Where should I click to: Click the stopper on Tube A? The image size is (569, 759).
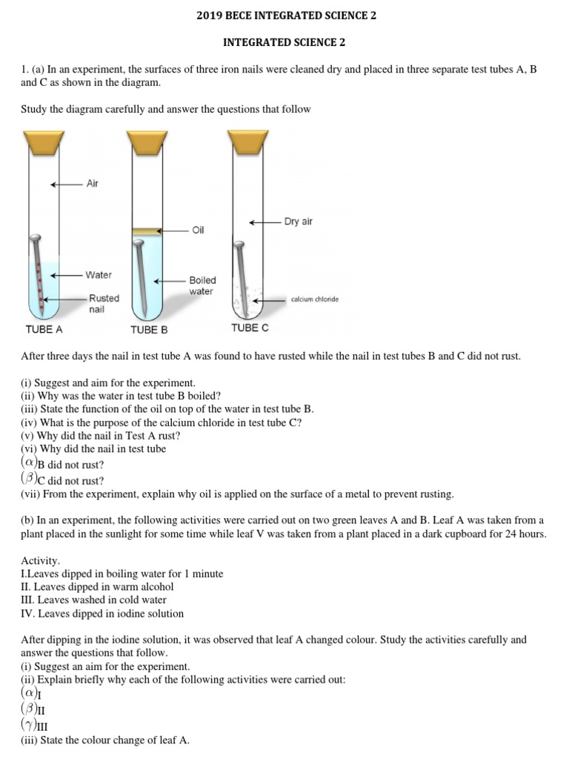44,139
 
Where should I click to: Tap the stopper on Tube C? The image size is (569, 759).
247,139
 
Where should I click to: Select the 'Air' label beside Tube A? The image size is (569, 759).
93,184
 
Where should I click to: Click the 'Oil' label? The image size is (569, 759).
198,231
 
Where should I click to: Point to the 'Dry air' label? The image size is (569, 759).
299,222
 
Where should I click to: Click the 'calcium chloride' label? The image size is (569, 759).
315,299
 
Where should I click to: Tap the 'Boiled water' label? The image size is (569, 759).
202,286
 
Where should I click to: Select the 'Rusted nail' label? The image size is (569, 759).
104,304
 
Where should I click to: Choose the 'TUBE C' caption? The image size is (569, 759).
250,327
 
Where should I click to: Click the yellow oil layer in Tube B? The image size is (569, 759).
146,232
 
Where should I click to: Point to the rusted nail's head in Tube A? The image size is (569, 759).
34,239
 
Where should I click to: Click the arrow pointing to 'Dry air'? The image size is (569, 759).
264,222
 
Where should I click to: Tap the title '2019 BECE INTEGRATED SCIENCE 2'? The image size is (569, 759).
284,15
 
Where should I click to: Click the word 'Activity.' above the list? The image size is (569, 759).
41,561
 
